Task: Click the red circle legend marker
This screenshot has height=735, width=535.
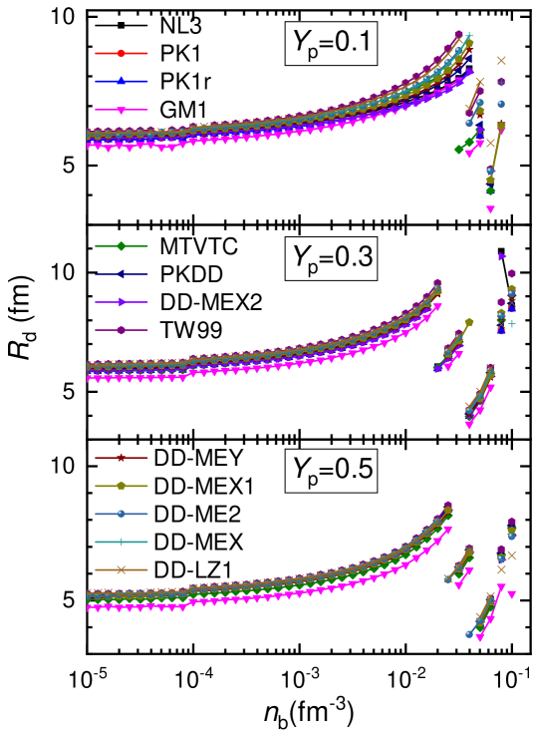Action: (122, 53)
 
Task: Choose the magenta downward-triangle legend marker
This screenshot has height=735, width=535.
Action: (122, 111)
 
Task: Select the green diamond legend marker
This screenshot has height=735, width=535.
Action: (122, 245)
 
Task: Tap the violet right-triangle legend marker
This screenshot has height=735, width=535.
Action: (122, 301)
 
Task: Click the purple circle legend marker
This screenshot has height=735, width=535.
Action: (122, 330)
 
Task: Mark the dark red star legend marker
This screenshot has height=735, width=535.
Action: (122, 458)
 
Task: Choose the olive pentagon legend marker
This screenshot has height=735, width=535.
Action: (122, 486)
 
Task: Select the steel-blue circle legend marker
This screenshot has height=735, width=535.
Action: (122, 514)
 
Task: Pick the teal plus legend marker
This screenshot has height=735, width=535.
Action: (122, 542)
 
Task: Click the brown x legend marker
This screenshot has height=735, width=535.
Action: (122, 569)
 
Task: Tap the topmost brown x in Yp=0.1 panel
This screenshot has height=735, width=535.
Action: (501, 60)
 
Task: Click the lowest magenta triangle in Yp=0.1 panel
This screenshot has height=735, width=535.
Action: (490, 209)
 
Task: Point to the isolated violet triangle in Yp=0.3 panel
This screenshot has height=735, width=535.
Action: (502, 256)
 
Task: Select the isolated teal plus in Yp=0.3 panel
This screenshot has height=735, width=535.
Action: (512, 323)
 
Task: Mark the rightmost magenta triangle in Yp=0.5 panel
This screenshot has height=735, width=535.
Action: (511, 594)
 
